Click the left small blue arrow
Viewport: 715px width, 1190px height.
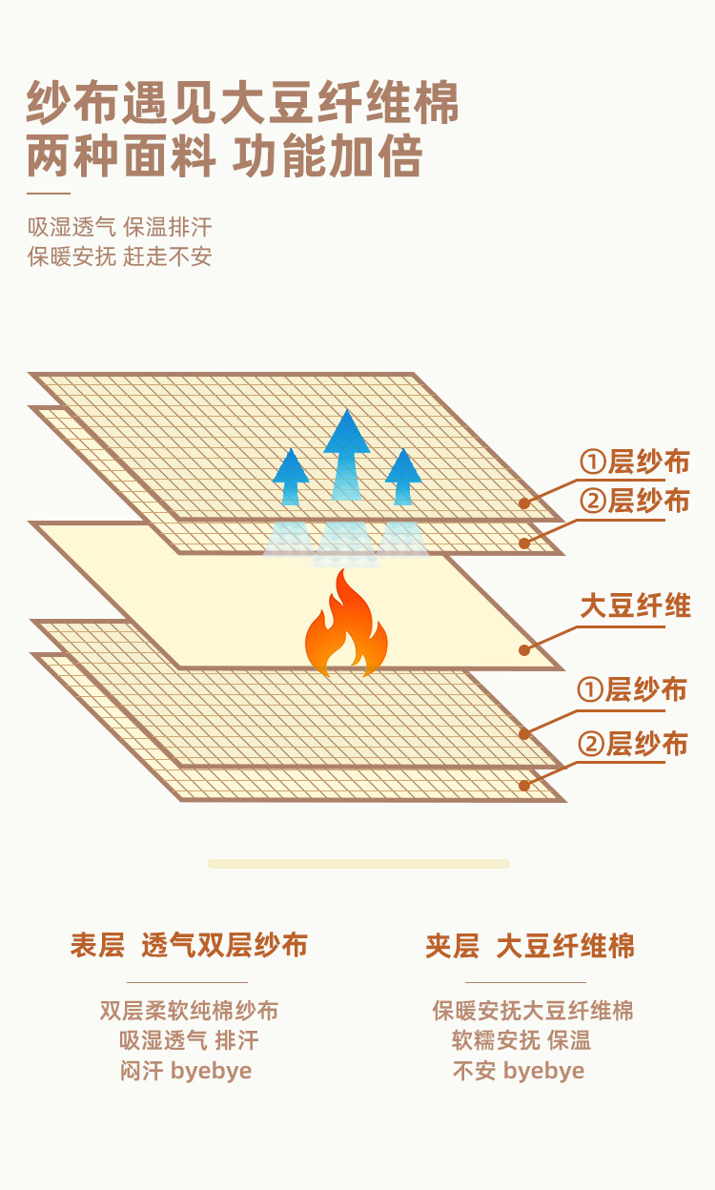(291, 476)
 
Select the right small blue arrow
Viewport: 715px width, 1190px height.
(403, 476)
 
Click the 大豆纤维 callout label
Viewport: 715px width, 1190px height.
(635, 606)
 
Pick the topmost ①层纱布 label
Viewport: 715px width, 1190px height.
(634, 462)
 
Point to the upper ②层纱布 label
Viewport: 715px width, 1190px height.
(634, 501)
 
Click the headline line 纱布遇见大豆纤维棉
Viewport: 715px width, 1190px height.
(243, 103)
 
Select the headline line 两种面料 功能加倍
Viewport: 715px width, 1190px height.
(225, 156)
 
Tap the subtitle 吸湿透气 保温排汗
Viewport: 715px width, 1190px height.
(120, 227)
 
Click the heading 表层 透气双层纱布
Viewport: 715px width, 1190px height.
(188, 946)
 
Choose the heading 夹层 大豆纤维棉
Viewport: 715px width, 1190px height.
(529, 946)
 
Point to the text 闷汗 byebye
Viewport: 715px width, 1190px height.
(186, 1070)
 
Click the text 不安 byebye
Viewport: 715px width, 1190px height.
(518, 1070)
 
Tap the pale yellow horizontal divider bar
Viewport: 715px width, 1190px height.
(358, 864)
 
